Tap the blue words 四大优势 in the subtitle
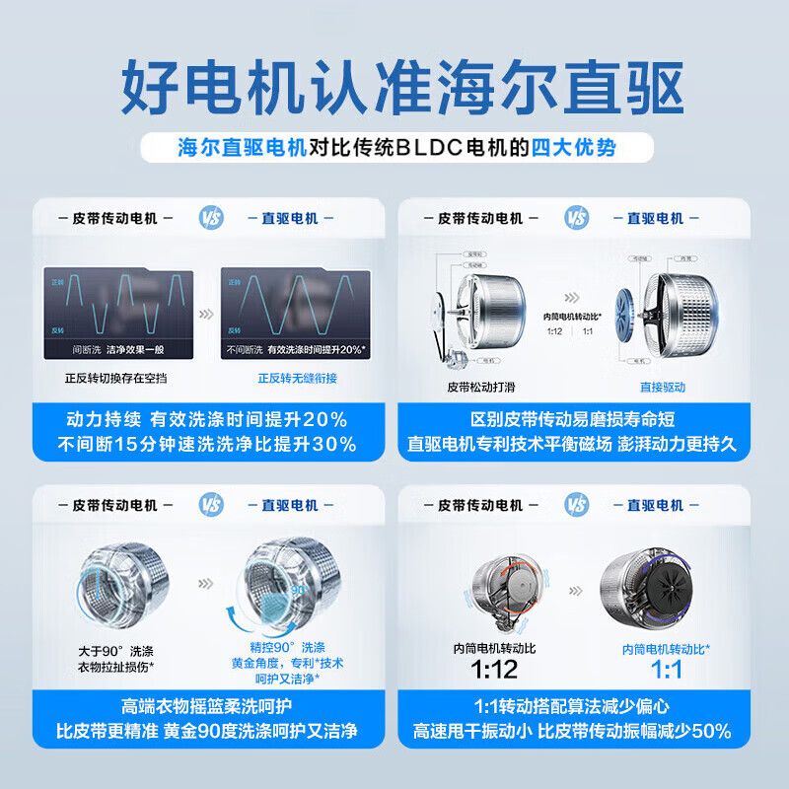pyautogui.click(x=574, y=148)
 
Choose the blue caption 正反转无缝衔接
pyautogui.click(x=297, y=378)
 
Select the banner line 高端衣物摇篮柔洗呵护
pyautogui.click(x=207, y=707)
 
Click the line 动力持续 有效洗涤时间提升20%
pyautogui.click(x=207, y=419)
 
